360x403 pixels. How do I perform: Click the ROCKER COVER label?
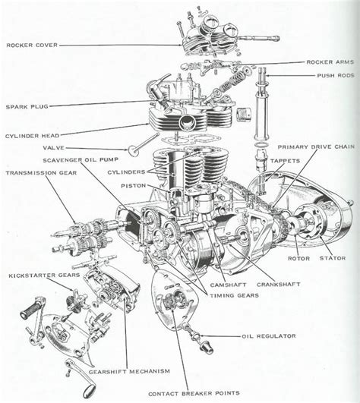tap(33, 45)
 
